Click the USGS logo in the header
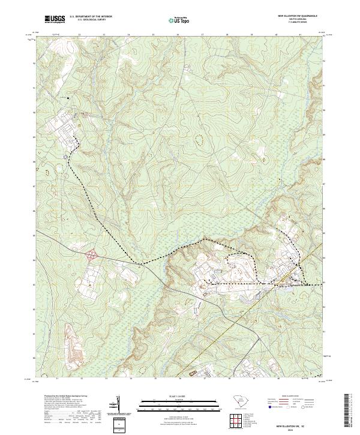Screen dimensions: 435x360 55,19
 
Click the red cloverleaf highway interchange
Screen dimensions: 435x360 92,255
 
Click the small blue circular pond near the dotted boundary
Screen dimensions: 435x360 66,157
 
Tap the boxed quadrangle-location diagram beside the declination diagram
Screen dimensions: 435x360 118,425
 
